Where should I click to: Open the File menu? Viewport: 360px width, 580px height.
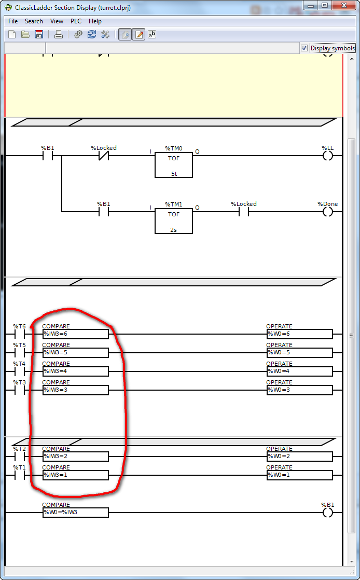tap(13, 21)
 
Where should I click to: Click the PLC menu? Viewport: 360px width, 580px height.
tap(76, 21)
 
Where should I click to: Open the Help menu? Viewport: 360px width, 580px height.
tap(95, 21)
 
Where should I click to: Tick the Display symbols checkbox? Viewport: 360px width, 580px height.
tap(304, 48)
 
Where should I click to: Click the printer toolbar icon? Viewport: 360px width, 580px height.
tap(59, 34)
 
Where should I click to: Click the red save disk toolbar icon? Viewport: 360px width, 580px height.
tap(39, 34)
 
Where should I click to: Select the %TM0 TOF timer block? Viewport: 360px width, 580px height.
tap(174, 164)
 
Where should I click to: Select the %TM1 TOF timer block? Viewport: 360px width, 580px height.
tap(174, 221)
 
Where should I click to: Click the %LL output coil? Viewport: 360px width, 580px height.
tap(328, 156)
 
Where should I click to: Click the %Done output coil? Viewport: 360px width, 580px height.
tap(328, 212)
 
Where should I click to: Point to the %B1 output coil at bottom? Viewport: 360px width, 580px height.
tap(328, 513)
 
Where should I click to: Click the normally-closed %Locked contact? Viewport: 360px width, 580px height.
tap(104, 156)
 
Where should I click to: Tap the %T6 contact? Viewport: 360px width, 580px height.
tap(20, 335)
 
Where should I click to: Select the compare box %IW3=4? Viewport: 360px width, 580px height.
tap(76, 371)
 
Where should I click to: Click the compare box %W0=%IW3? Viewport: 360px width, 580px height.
tap(76, 513)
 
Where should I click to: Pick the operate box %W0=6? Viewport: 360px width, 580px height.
tap(300, 334)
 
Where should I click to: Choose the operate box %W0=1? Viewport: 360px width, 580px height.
tap(300, 475)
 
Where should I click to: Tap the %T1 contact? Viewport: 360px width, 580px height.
tap(20, 475)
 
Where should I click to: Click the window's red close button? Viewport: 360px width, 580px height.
tap(345, 6)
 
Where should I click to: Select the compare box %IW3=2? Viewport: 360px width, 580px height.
tap(76, 457)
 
